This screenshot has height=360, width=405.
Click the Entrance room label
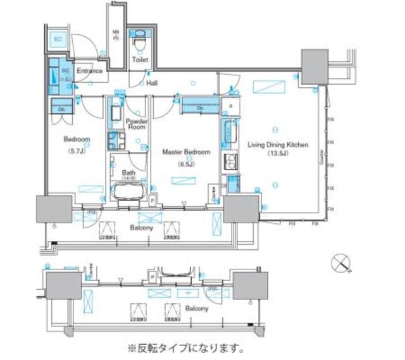coord(90,71)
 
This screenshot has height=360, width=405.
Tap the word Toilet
coord(140,60)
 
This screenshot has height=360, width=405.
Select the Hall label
coord(152,83)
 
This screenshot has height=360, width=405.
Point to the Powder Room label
coord(136,124)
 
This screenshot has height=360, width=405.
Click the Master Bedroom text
coord(186,152)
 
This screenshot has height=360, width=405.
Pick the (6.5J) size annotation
coord(185,164)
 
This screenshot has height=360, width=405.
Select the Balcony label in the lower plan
coord(196,308)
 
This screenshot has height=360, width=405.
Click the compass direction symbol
coord(342,262)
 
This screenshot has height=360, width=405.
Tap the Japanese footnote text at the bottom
coord(186,348)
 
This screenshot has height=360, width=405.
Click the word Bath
coord(128,172)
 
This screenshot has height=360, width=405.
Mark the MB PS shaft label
coord(116,35)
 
